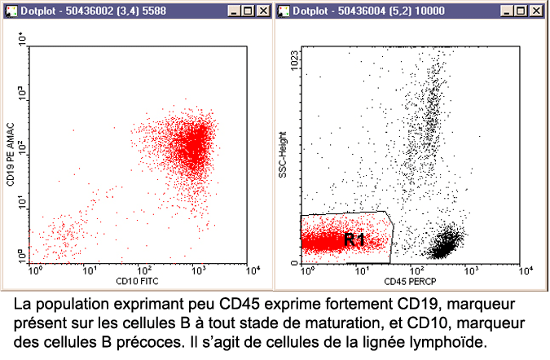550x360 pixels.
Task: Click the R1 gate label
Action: [x=354, y=239]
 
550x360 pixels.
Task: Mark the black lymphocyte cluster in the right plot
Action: [x=446, y=243]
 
